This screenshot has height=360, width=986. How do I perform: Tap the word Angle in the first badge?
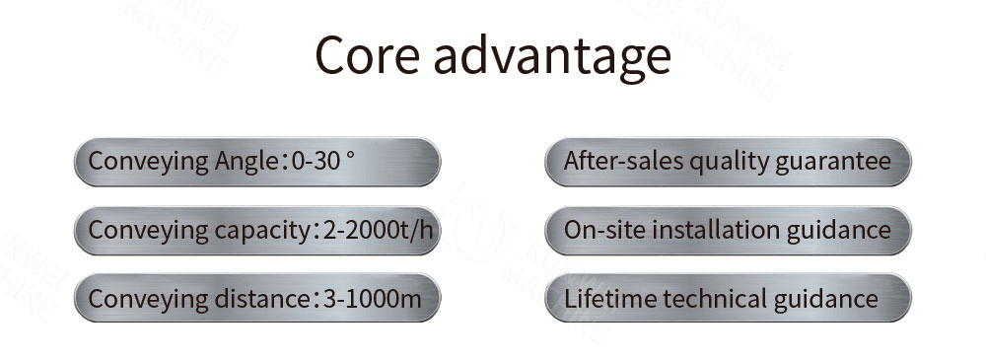(242, 162)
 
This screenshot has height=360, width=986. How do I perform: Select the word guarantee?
(828, 163)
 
